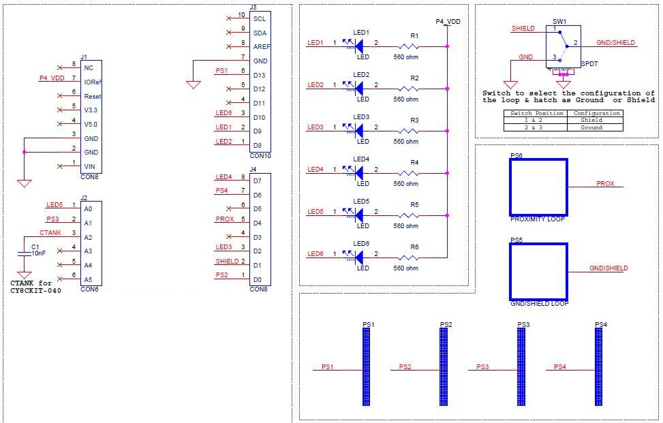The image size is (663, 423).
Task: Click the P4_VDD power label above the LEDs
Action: coord(448,22)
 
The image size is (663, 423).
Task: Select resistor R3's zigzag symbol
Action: coord(409,131)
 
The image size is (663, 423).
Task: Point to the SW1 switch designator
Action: coord(559,22)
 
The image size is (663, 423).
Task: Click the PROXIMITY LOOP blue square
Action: coord(538,187)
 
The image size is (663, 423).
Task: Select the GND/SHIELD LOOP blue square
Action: coord(538,272)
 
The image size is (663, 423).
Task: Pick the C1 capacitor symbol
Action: coord(25,253)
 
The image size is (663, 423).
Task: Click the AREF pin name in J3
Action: coord(262,47)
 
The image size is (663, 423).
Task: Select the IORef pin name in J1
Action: coord(93,82)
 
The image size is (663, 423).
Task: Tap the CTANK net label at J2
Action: coord(50,233)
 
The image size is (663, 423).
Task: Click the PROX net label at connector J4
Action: coord(224,219)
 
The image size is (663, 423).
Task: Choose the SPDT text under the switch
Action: coord(589,63)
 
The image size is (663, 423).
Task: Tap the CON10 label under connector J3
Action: coord(260,156)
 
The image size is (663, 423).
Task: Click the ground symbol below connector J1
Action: coord(25,183)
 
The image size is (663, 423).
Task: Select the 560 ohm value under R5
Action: coord(406,226)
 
